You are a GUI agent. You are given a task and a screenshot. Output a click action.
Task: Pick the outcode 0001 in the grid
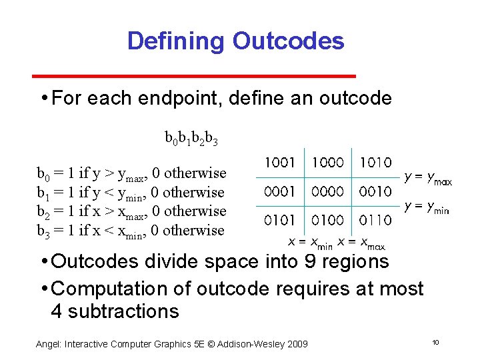click(x=281, y=192)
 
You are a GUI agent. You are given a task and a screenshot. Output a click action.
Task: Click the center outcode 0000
click(x=328, y=192)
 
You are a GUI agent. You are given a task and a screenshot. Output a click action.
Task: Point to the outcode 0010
click(x=375, y=192)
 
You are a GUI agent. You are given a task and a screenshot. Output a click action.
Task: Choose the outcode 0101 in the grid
click(x=281, y=220)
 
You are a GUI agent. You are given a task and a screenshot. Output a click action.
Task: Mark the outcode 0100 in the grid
click(x=328, y=220)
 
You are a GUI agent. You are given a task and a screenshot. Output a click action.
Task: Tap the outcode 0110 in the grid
click(x=375, y=220)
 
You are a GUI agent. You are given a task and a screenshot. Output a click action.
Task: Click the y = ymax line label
click(x=429, y=179)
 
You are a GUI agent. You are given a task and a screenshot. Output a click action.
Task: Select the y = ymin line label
click(x=427, y=207)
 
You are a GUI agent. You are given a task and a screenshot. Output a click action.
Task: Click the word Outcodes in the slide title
click(x=288, y=41)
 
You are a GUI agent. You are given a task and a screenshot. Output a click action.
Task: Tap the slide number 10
click(x=435, y=342)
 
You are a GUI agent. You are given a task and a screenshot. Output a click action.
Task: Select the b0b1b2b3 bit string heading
click(x=191, y=139)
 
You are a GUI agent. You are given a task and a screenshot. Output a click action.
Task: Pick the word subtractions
click(x=115, y=311)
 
